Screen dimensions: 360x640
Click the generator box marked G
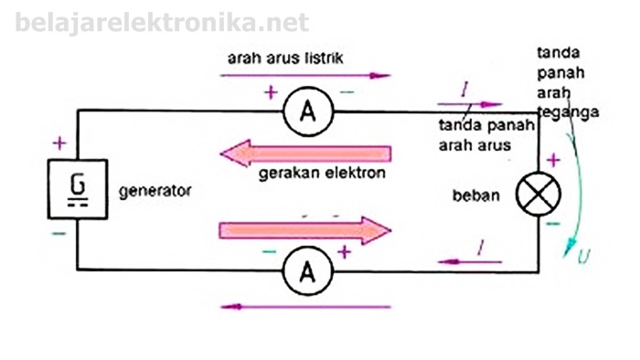click(79, 190)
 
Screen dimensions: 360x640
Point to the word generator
click(155, 192)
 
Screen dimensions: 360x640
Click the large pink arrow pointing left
click(306, 153)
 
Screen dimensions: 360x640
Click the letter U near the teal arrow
click(583, 258)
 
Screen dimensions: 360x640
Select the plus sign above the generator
click(59, 143)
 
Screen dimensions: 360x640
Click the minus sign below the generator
click(59, 234)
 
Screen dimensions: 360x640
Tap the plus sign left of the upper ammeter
click(270, 92)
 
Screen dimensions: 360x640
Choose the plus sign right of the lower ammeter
click(344, 250)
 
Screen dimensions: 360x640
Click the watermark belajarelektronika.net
click(162, 23)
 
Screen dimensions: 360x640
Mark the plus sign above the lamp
click(552, 161)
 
